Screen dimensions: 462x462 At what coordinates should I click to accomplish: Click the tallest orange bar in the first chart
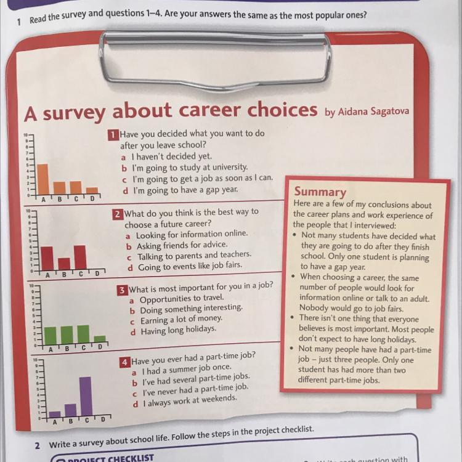click(x=43, y=179)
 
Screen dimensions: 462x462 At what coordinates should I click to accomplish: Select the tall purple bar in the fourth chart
click(x=86, y=396)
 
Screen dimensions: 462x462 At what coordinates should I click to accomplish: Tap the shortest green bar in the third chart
click(x=99, y=339)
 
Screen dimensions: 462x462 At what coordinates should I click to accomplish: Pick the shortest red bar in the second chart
click(x=63, y=263)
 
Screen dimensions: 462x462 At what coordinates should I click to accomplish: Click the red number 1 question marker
click(x=113, y=133)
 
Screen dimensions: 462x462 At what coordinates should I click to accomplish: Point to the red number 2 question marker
click(x=117, y=214)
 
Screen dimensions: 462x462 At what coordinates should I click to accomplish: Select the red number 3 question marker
click(x=123, y=289)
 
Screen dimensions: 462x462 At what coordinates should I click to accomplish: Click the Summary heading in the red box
click(x=320, y=192)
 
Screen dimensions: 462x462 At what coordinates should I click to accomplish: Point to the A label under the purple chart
click(x=54, y=423)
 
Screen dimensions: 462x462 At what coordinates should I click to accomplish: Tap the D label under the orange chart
click(x=92, y=198)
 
